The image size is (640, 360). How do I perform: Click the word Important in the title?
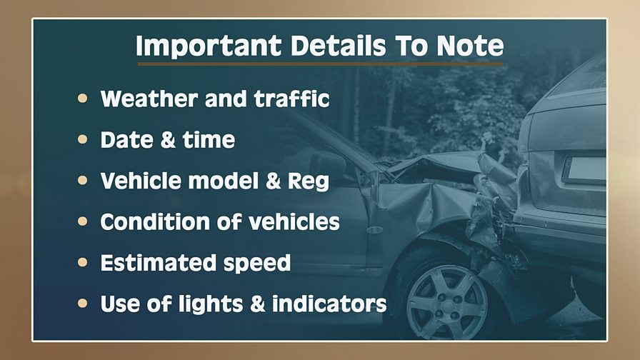209,46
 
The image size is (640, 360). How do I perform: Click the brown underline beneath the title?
321,64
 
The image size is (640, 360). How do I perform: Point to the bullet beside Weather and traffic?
82,98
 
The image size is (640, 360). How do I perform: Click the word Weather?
149,99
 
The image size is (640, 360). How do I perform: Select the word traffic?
291,99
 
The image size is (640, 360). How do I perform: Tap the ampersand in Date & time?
168,140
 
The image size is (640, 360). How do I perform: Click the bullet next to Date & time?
82,139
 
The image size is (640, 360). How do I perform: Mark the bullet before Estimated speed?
82,262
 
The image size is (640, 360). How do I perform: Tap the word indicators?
329,304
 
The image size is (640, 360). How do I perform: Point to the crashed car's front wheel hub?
446,304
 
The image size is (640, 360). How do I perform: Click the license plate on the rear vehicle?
584,169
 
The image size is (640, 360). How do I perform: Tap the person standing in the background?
493,147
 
